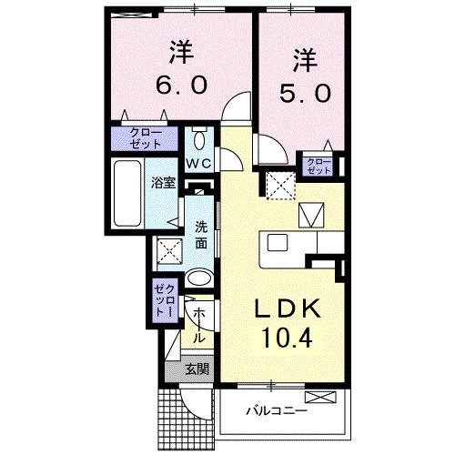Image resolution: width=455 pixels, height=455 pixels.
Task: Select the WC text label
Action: pos(199,162)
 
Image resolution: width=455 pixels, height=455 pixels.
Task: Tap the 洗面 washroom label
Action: pos(201,236)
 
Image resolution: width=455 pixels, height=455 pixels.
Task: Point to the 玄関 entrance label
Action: pos(197,369)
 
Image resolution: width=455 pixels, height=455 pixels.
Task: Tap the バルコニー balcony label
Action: pos(276,410)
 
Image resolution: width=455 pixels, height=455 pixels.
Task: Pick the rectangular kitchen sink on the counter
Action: pos(277,245)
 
